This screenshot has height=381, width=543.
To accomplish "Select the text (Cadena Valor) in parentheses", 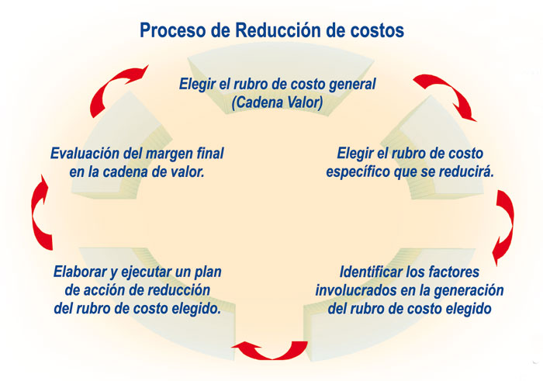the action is [x=278, y=102].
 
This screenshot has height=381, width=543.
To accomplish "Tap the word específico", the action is [x=358, y=172].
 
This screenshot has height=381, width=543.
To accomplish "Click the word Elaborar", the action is [x=81, y=272].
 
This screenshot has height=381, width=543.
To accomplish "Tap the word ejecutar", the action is [x=146, y=272].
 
